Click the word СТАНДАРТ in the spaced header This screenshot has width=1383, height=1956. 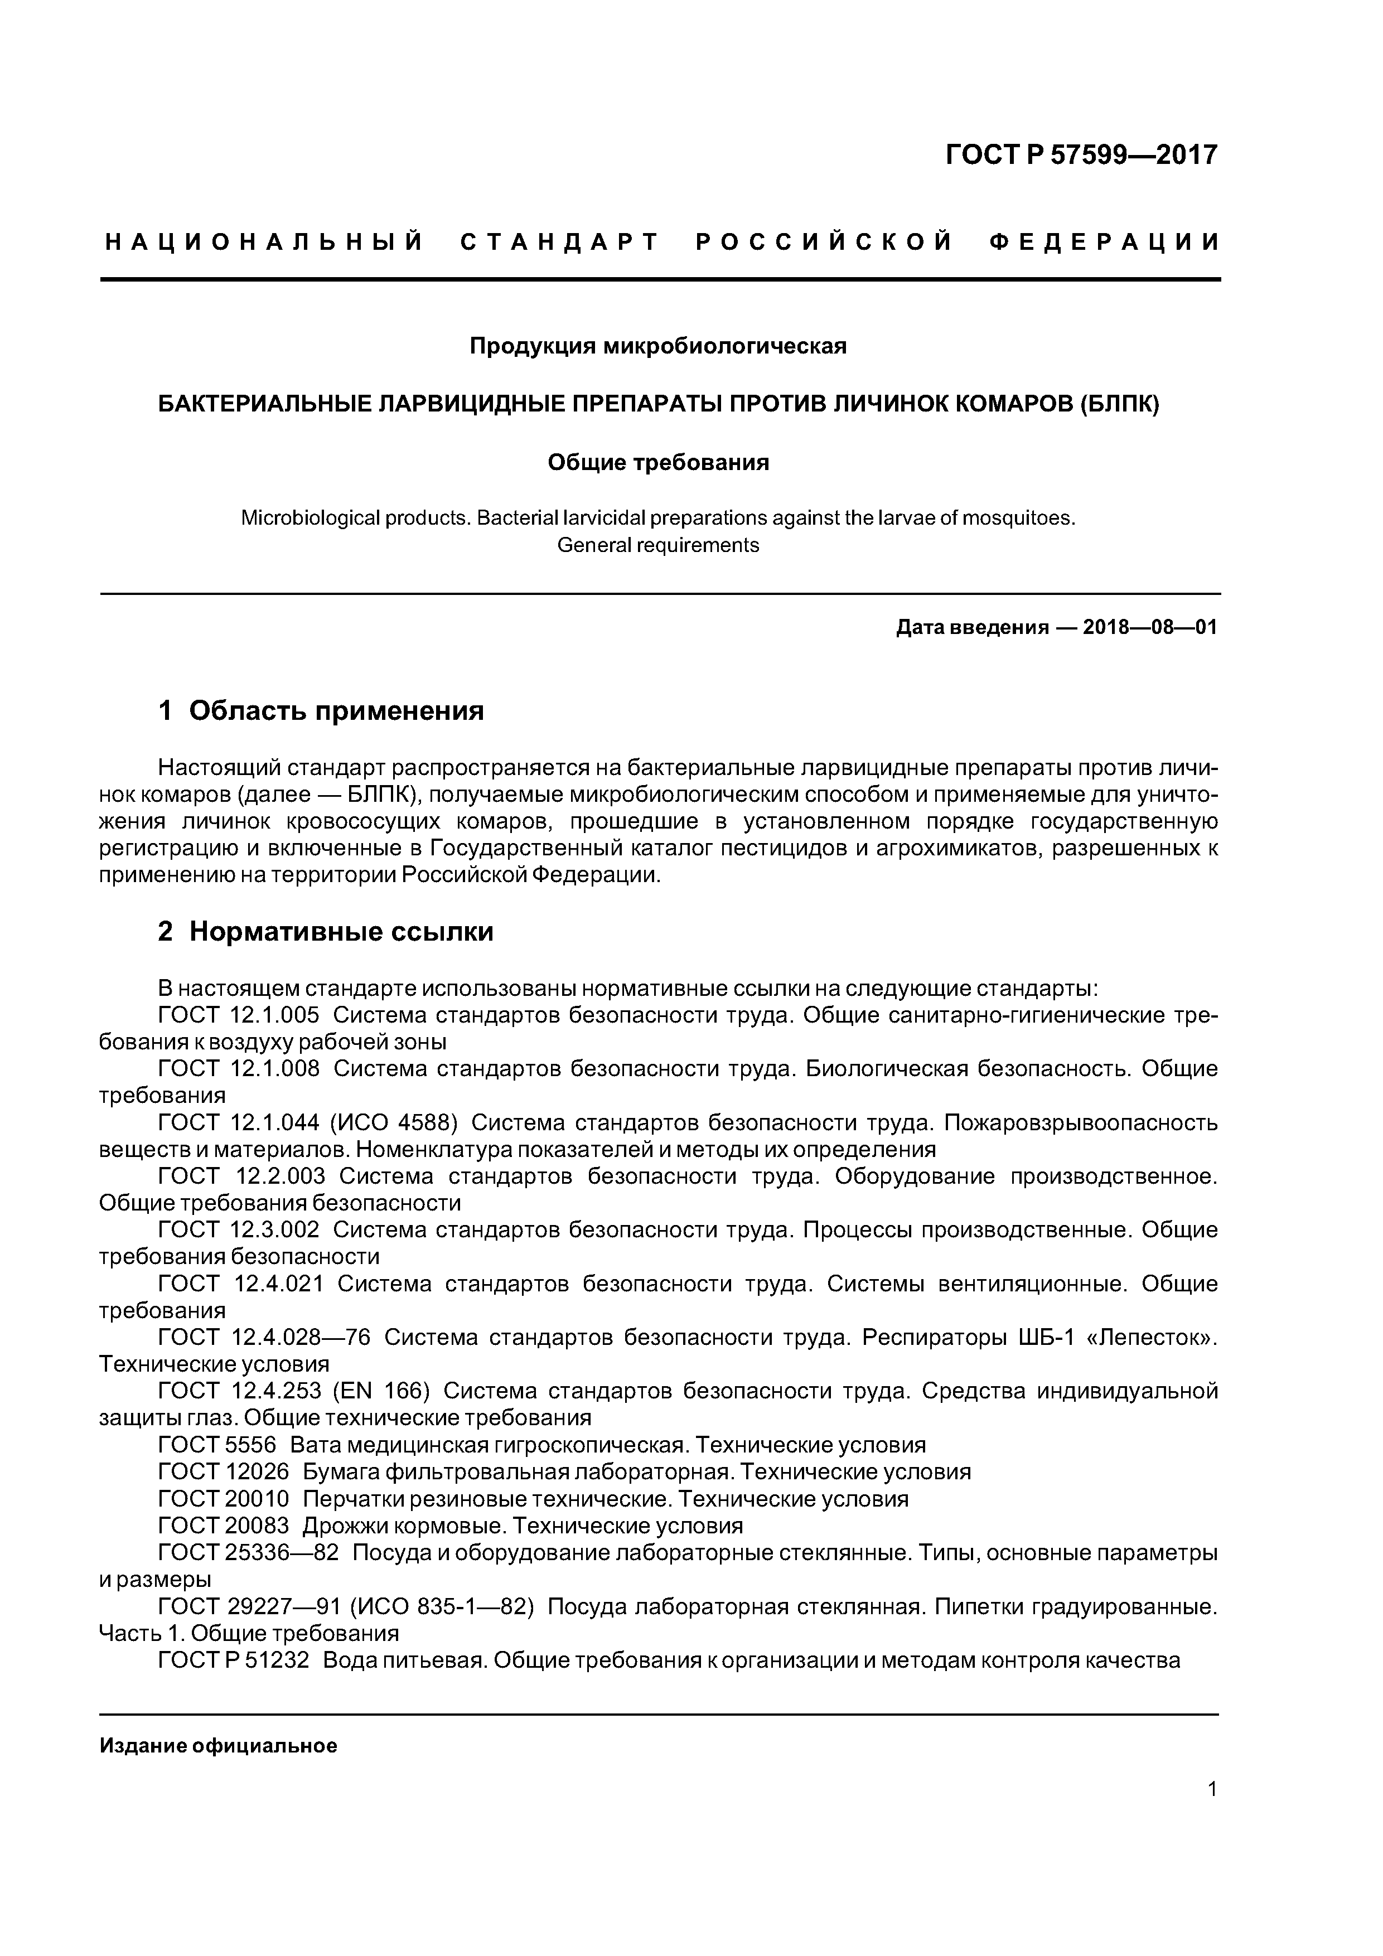point(560,243)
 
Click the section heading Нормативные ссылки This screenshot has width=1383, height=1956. point(341,931)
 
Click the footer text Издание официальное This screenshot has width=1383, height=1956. point(218,1746)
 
